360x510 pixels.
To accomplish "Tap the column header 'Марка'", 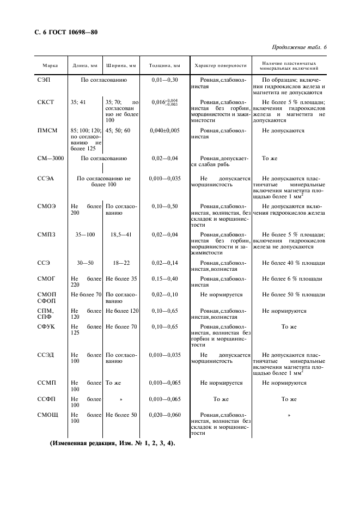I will (x=51, y=66).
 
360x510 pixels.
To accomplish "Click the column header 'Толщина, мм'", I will (x=164, y=66).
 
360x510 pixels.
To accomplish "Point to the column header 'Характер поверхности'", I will (x=221, y=66).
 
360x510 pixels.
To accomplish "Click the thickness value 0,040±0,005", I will (x=164, y=131).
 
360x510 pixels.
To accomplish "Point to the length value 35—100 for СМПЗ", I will (x=85, y=234).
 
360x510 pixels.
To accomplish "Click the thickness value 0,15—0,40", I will (x=164, y=279).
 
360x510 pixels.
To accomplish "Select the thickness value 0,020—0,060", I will (x=164, y=415).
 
